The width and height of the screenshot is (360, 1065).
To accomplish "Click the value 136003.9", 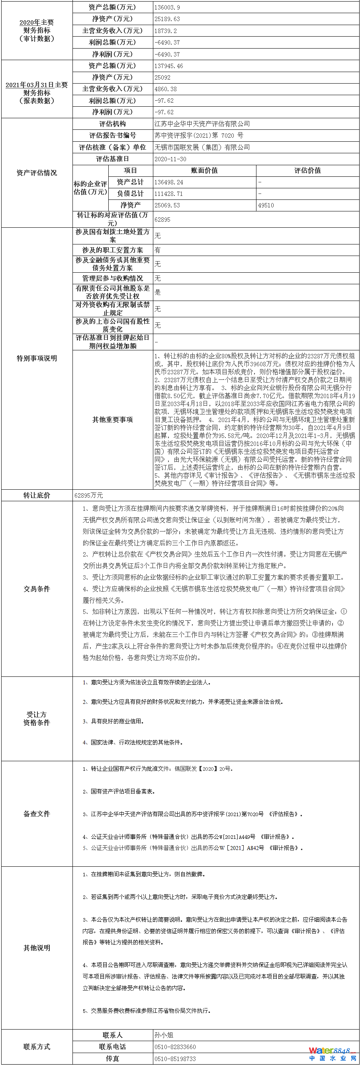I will [167, 8].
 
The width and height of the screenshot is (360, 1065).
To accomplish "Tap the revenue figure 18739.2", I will [165, 31].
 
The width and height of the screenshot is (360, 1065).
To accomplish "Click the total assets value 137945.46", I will [168, 66].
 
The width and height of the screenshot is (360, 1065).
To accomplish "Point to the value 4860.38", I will [165, 89].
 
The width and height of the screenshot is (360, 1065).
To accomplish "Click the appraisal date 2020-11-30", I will [170, 159].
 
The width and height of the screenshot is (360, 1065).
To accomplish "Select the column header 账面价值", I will [204, 170].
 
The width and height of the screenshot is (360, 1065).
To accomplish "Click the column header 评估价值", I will [307, 170].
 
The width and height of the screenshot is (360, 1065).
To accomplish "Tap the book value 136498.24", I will [168, 182].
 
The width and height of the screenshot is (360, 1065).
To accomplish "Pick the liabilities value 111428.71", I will [168, 193].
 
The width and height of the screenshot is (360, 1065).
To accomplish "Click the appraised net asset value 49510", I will [266, 205].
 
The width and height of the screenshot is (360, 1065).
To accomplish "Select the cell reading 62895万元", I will [88, 495].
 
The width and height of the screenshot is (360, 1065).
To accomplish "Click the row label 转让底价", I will [37, 495].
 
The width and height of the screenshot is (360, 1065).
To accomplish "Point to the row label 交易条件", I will [37, 589].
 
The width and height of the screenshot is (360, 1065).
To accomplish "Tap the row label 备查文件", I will [37, 814].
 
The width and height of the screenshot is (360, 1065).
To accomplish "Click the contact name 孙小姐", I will [164, 1035].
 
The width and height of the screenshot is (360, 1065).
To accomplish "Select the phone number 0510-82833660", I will [175, 1047].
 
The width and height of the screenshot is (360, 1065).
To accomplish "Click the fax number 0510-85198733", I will [175, 1059].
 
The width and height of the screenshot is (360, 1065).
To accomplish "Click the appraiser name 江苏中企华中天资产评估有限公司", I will [202, 123].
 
